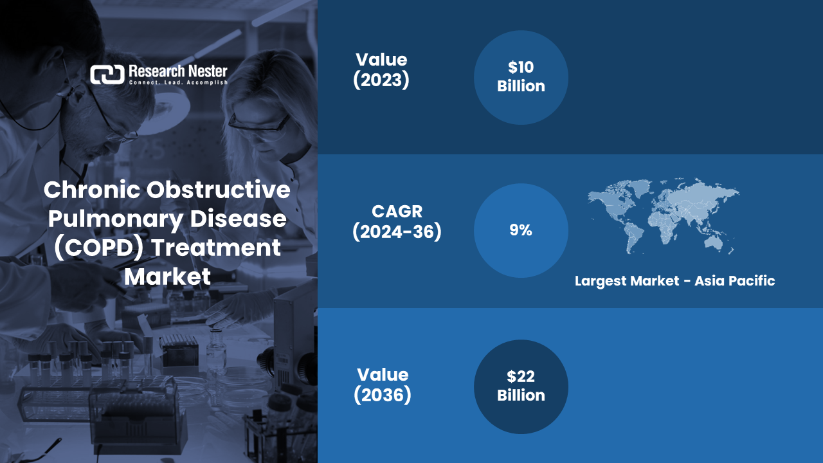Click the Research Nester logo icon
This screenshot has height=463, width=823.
coord(107,75)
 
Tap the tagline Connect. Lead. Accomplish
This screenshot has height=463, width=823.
coord(178,83)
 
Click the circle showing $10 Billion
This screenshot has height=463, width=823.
coord(521,77)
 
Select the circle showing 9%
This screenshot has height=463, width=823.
coord(521,230)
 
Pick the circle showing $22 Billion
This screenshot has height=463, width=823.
coord(521,386)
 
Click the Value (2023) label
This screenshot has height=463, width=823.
coord(381,70)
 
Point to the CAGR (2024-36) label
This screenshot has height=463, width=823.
coord(397,222)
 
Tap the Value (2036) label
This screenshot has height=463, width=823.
coord(382,385)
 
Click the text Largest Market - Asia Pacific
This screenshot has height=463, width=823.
coord(674,281)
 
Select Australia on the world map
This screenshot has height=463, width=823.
coord(714,241)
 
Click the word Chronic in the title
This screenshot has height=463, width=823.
coord(91,190)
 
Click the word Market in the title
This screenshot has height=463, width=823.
coord(167,277)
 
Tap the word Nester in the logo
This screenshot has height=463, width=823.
coord(202,70)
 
